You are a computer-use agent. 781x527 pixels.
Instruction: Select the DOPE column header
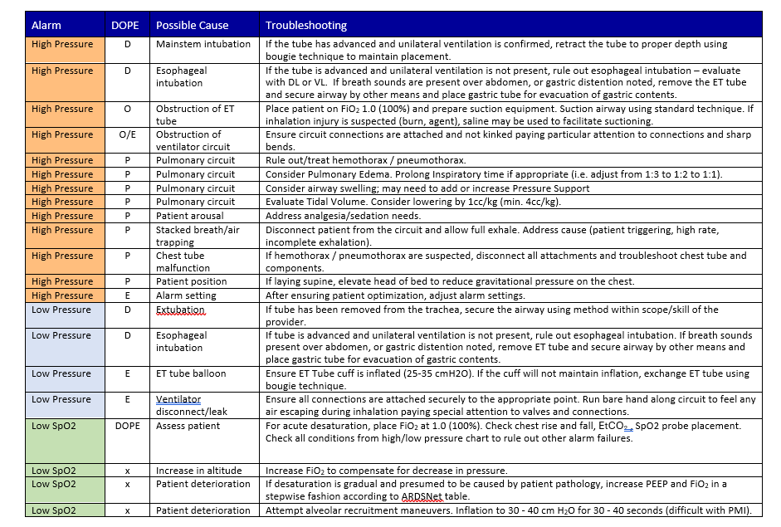(127, 26)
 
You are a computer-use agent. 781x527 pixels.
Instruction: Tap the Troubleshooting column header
(306, 26)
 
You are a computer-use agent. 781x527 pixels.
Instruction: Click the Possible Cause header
(193, 26)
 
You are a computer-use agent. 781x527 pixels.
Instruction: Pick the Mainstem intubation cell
(203, 44)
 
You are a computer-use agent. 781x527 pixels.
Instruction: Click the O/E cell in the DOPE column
(127, 134)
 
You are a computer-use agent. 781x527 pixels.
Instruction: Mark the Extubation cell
(180, 310)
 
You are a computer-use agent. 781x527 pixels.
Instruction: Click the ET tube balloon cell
(191, 373)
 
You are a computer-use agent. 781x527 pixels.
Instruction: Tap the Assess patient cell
(188, 426)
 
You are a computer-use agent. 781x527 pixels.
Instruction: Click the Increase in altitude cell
(199, 471)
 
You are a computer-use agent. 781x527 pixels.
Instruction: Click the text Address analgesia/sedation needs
(343, 216)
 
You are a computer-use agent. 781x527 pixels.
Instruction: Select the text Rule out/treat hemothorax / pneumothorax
(365, 160)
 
